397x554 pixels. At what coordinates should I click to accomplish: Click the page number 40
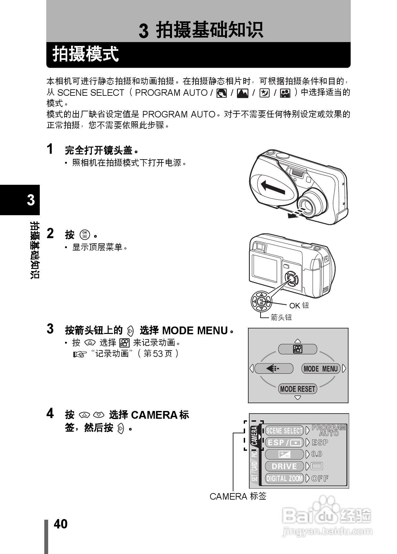point(60,524)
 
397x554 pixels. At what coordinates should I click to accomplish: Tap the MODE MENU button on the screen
point(320,369)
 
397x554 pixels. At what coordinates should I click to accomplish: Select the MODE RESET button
point(297,389)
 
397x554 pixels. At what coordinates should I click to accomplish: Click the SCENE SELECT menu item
point(284,430)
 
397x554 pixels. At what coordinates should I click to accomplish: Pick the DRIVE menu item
point(284,466)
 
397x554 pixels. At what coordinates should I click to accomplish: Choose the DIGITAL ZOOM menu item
point(284,478)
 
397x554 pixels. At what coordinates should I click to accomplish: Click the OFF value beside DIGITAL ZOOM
point(320,478)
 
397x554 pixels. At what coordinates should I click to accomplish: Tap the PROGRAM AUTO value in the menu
point(328,430)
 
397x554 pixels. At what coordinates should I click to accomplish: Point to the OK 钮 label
point(299,305)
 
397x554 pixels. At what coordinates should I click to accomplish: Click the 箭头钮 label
point(281,317)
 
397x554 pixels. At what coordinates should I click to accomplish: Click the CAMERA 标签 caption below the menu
point(238,496)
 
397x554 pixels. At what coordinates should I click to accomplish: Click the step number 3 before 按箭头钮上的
point(50,329)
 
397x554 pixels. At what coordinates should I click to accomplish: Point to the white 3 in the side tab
point(31,200)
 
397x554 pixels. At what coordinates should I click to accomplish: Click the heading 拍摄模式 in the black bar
point(86,54)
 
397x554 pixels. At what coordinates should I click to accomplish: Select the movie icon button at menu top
point(297,349)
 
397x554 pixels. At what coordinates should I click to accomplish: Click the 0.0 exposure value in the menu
point(317,454)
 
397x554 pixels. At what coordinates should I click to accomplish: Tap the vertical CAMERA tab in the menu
point(255,436)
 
